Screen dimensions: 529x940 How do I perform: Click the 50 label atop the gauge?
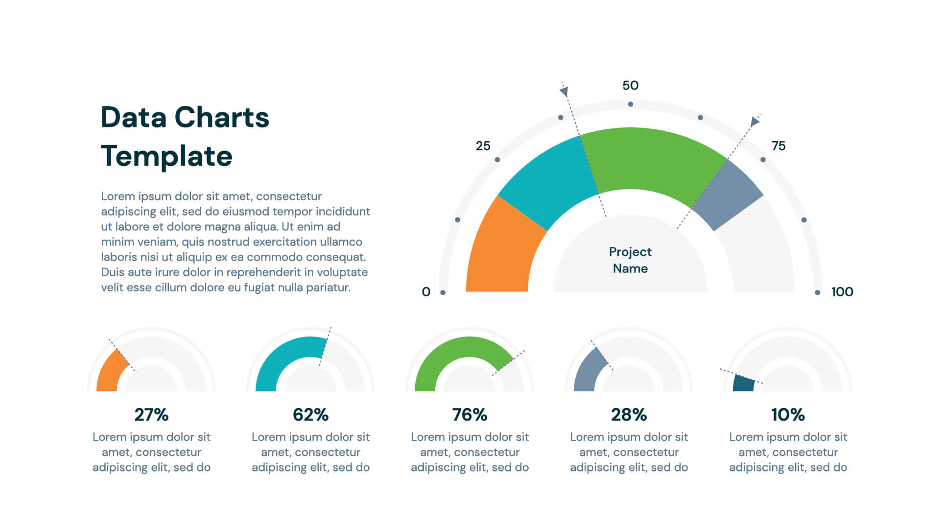tap(630, 86)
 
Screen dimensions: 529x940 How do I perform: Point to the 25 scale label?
tap(483, 146)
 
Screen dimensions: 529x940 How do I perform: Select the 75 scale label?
tap(778, 146)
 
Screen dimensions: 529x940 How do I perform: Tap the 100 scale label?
tap(842, 292)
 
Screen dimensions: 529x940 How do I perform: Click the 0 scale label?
tap(426, 292)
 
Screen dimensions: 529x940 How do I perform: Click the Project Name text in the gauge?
tap(630, 260)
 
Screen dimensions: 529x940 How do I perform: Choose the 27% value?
tap(151, 415)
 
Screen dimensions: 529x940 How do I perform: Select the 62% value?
tap(310, 415)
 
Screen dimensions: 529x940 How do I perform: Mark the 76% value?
tap(470, 415)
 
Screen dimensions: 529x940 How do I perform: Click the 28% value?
tap(629, 415)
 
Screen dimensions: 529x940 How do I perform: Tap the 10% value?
tap(788, 415)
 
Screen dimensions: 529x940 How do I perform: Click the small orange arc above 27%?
tap(110, 372)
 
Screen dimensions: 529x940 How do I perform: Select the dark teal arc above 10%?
tap(743, 384)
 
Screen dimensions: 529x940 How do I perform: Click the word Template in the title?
tap(166, 156)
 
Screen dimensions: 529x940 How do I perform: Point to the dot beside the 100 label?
tap(817, 292)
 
